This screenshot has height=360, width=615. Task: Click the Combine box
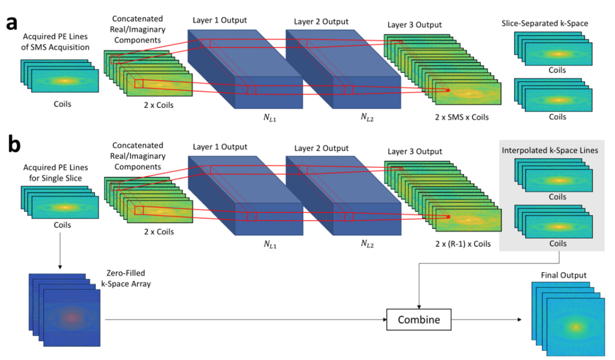coord(418,320)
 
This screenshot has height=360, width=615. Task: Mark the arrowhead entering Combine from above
coord(418,305)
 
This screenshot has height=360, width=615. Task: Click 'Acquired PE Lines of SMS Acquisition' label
coord(57,43)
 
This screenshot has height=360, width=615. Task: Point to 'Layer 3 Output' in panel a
coord(414,25)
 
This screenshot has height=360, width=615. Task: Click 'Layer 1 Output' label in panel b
coord(220,147)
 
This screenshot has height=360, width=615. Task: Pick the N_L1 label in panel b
coord(271,244)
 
